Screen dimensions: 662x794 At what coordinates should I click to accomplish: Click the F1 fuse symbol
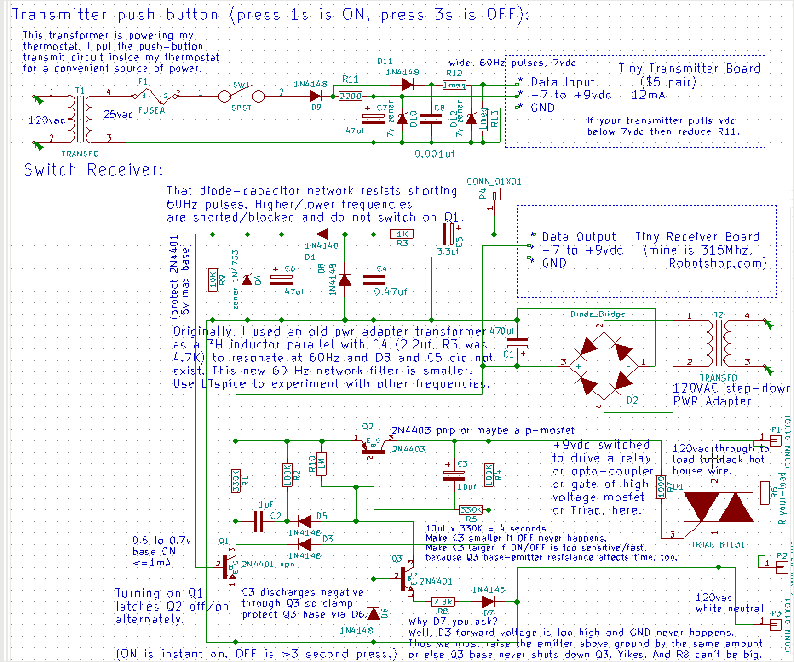click(152, 95)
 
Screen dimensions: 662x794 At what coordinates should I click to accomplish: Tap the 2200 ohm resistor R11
click(350, 96)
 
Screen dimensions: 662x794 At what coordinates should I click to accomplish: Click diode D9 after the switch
click(316, 95)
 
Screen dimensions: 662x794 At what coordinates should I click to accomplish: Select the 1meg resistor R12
click(454, 85)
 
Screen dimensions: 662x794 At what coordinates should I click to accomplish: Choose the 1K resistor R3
click(402, 234)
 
